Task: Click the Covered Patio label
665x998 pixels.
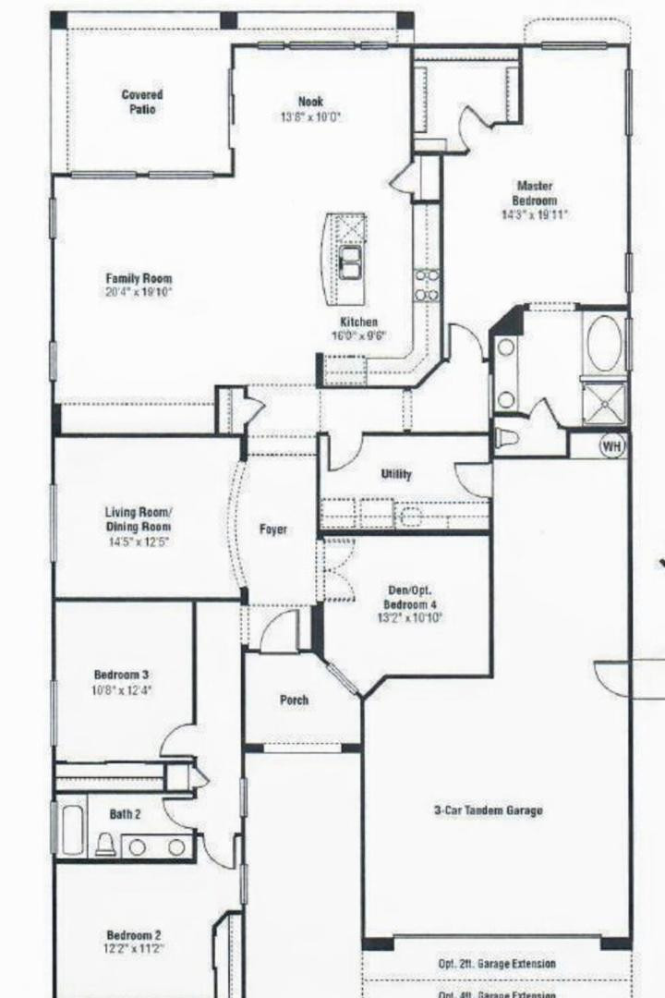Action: click(x=142, y=102)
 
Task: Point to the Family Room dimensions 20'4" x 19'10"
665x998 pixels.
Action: click(x=139, y=293)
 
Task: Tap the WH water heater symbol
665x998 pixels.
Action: click(x=611, y=446)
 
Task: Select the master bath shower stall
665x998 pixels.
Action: click(x=603, y=404)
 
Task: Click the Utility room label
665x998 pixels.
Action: click(x=396, y=474)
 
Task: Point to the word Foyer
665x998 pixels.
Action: click(x=272, y=529)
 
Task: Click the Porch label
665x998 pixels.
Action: click(x=294, y=700)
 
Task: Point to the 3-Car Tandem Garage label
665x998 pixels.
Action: click(x=489, y=810)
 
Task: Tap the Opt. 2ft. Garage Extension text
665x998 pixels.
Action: click(x=497, y=964)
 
